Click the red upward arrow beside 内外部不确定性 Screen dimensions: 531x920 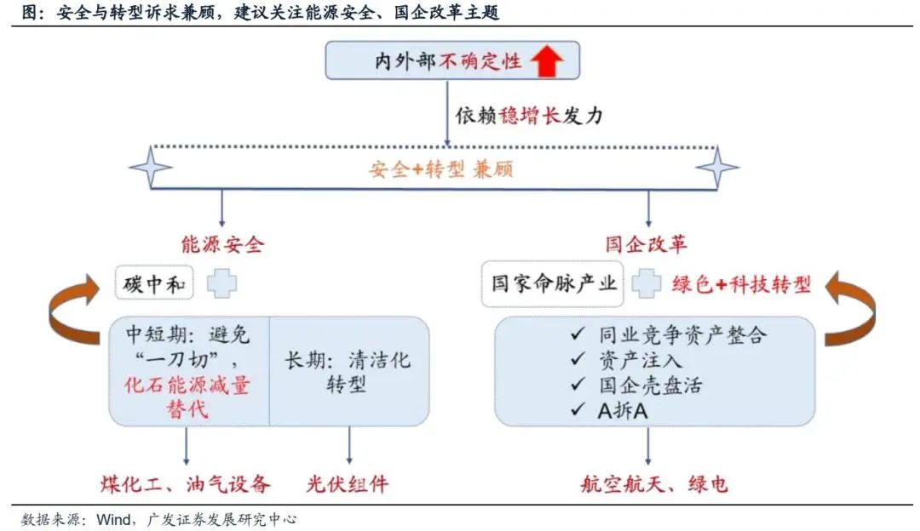point(548,61)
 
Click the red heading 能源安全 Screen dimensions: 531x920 point(223,245)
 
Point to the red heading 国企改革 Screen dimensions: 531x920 point(647,245)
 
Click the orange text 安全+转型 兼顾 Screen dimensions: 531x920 point(440,168)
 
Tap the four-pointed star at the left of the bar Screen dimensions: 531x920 point(151,166)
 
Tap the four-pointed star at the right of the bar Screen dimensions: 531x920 point(717,166)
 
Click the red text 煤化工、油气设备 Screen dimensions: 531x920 point(185,485)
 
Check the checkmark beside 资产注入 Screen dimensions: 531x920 point(579,360)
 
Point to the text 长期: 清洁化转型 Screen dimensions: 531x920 point(347,372)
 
